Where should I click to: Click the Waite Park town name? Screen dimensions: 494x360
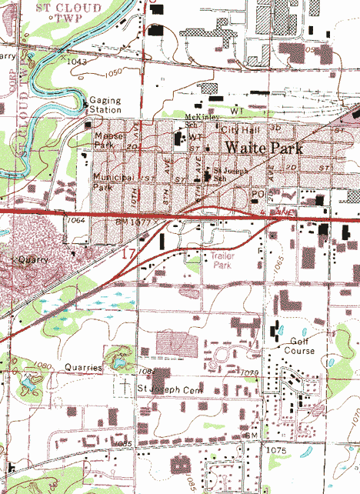pos(264,148)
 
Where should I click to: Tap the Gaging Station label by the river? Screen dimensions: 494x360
pos(105,105)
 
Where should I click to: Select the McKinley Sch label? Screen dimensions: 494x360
pos(202,121)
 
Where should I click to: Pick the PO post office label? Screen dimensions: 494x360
pos(258,193)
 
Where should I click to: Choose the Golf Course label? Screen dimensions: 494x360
pos(302,345)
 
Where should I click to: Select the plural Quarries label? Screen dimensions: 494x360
pos(84,367)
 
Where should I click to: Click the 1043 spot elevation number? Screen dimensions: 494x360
pos(78,60)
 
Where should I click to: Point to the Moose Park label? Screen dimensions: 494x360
pos(104,139)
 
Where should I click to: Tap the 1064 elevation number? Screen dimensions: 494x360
pos(75,221)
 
